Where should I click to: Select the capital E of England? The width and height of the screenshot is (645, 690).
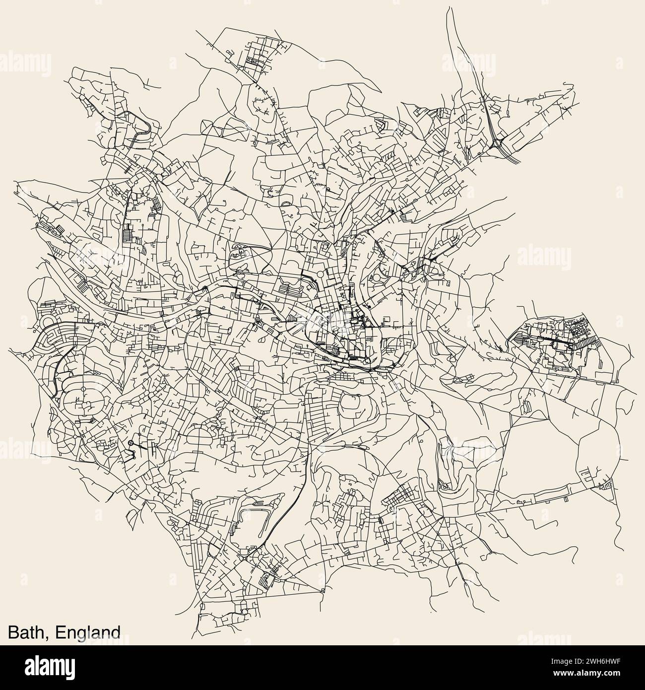(x=61, y=632)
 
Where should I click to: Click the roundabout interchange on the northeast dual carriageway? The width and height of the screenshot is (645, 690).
(x=497, y=144)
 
